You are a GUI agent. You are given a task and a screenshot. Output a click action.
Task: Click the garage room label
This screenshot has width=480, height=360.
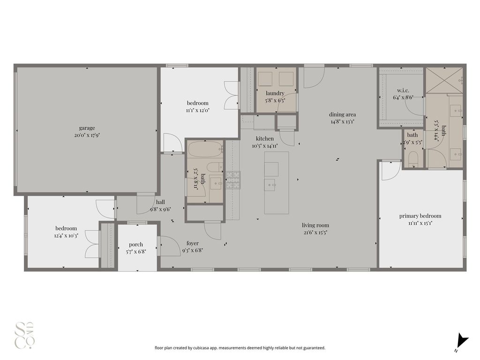87,128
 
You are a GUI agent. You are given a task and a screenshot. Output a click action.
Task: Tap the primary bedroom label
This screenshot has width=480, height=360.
420,216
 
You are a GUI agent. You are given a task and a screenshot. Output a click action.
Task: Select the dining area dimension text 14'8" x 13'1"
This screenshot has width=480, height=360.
342,121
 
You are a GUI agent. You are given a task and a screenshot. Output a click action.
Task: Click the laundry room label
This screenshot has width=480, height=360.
275,93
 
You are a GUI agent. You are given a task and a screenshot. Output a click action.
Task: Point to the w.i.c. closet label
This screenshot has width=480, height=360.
403,90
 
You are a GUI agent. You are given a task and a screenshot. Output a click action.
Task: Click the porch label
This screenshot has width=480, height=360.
136,244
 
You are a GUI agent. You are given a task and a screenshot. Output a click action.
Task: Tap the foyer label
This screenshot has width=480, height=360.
193,243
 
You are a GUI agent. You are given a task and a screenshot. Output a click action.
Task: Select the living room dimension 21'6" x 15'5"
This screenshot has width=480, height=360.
315,232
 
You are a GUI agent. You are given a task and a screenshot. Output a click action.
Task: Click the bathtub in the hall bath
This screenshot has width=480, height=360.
205,149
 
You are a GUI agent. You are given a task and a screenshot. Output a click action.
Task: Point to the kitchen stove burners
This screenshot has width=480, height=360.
233,180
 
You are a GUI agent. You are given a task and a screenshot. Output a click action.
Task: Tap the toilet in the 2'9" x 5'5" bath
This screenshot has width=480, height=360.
413,158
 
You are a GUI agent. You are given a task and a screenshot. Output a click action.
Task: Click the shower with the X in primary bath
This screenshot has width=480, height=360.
444,80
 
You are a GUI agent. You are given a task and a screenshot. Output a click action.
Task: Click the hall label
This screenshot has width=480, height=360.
160,202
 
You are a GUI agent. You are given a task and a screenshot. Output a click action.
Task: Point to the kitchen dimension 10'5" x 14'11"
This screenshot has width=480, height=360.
265,146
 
